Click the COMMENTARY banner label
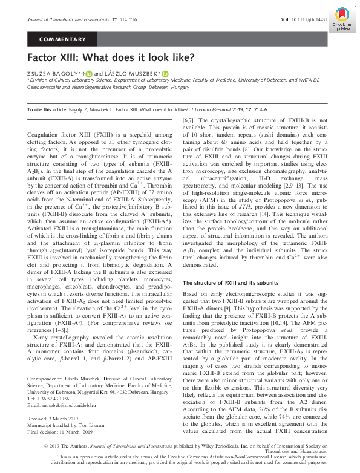pos(62,39)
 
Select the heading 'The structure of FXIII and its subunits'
pos(225,282)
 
